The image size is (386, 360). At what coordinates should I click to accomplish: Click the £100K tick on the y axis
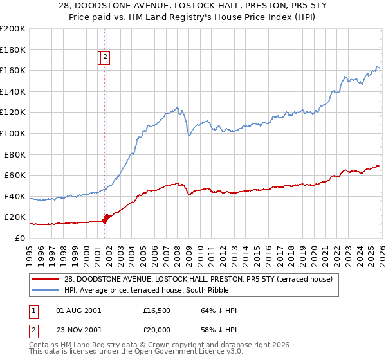tap(13, 133)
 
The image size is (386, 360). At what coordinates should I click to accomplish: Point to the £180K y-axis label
tap(13, 50)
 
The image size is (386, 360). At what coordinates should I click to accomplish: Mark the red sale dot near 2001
tap(106, 218)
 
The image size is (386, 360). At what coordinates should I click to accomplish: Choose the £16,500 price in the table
tap(156, 310)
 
